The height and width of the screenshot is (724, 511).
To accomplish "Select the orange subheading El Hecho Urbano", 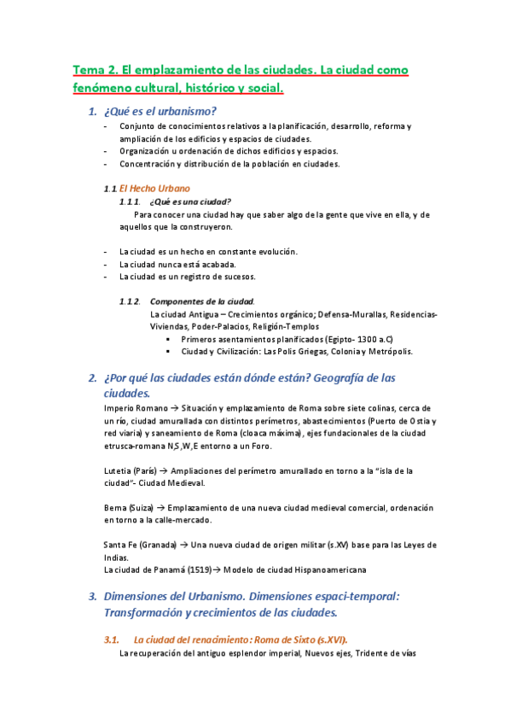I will pyautogui.click(x=154, y=188).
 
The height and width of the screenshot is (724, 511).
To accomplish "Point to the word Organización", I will pyautogui.click(x=147, y=151).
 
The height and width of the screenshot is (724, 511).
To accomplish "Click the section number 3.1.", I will pyautogui.click(x=113, y=639).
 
